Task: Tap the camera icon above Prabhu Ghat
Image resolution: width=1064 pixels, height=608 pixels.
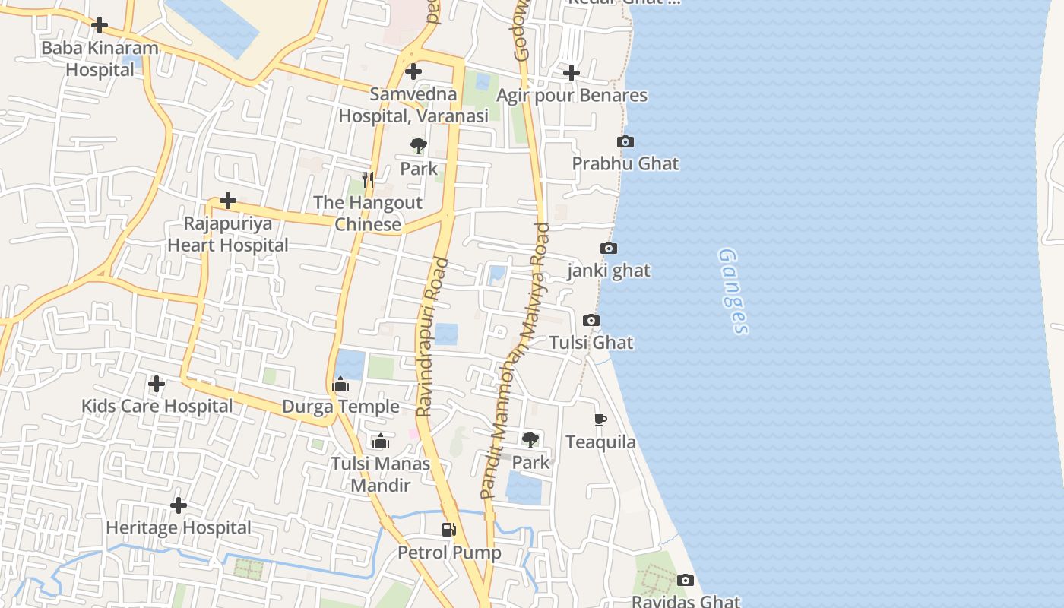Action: (x=625, y=142)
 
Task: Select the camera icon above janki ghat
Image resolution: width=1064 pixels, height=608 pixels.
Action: (x=609, y=249)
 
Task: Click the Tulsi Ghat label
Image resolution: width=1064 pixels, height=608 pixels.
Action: (x=591, y=343)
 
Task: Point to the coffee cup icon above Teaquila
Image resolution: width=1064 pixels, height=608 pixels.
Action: (x=600, y=420)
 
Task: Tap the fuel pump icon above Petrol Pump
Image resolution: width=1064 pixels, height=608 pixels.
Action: (x=449, y=530)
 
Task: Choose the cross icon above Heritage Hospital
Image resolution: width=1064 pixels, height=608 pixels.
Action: (x=179, y=505)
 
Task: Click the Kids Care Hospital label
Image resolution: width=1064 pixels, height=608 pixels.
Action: (x=157, y=407)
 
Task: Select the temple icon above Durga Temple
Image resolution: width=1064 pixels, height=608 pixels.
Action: (x=340, y=385)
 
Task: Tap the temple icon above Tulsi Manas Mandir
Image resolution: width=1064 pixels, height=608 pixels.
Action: (x=381, y=442)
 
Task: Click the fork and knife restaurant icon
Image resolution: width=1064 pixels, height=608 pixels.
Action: (x=368, y=179)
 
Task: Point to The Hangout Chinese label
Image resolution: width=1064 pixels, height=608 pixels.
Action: (x=368, y=214)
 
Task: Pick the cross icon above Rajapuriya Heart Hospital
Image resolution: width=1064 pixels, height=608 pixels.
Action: (x=227, y=201)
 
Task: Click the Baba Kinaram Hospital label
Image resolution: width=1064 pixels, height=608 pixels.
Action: (x=100, y=59)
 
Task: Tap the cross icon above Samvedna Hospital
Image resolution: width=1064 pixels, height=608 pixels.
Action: (x=413, y=72)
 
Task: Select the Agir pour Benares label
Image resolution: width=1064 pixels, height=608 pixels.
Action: (x=572, y=96)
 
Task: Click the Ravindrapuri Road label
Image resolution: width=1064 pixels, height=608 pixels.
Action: (x=433, y=337)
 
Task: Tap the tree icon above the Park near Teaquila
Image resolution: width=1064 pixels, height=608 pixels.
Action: (x=530, y=439)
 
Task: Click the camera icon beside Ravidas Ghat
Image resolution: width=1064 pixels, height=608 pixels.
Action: (x=686, y=581)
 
